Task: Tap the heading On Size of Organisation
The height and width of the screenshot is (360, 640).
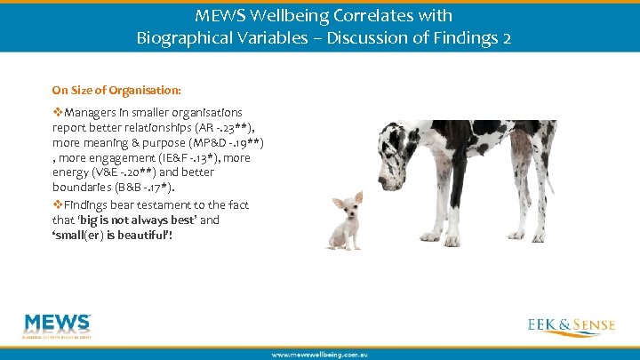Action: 116,90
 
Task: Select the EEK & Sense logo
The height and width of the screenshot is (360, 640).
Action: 570,325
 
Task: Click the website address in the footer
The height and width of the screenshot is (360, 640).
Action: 319,354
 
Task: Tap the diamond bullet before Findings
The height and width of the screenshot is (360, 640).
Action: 58,204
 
